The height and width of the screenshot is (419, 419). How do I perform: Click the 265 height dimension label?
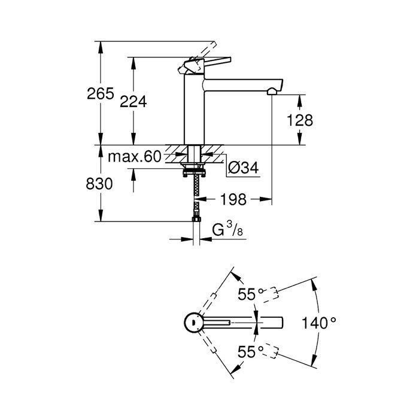pos(100,94)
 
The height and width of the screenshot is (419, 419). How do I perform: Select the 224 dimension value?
pos(133,102)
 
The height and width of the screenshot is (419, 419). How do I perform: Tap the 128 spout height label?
pos(300,120)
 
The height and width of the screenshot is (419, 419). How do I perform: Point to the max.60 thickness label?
pos(135,157)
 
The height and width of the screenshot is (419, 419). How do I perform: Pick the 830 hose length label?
pos(99,184)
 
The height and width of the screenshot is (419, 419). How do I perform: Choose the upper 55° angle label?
pos(251,294)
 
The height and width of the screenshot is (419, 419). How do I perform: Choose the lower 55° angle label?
pos(251,351)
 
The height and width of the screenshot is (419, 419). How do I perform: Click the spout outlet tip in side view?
pos(273,91)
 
